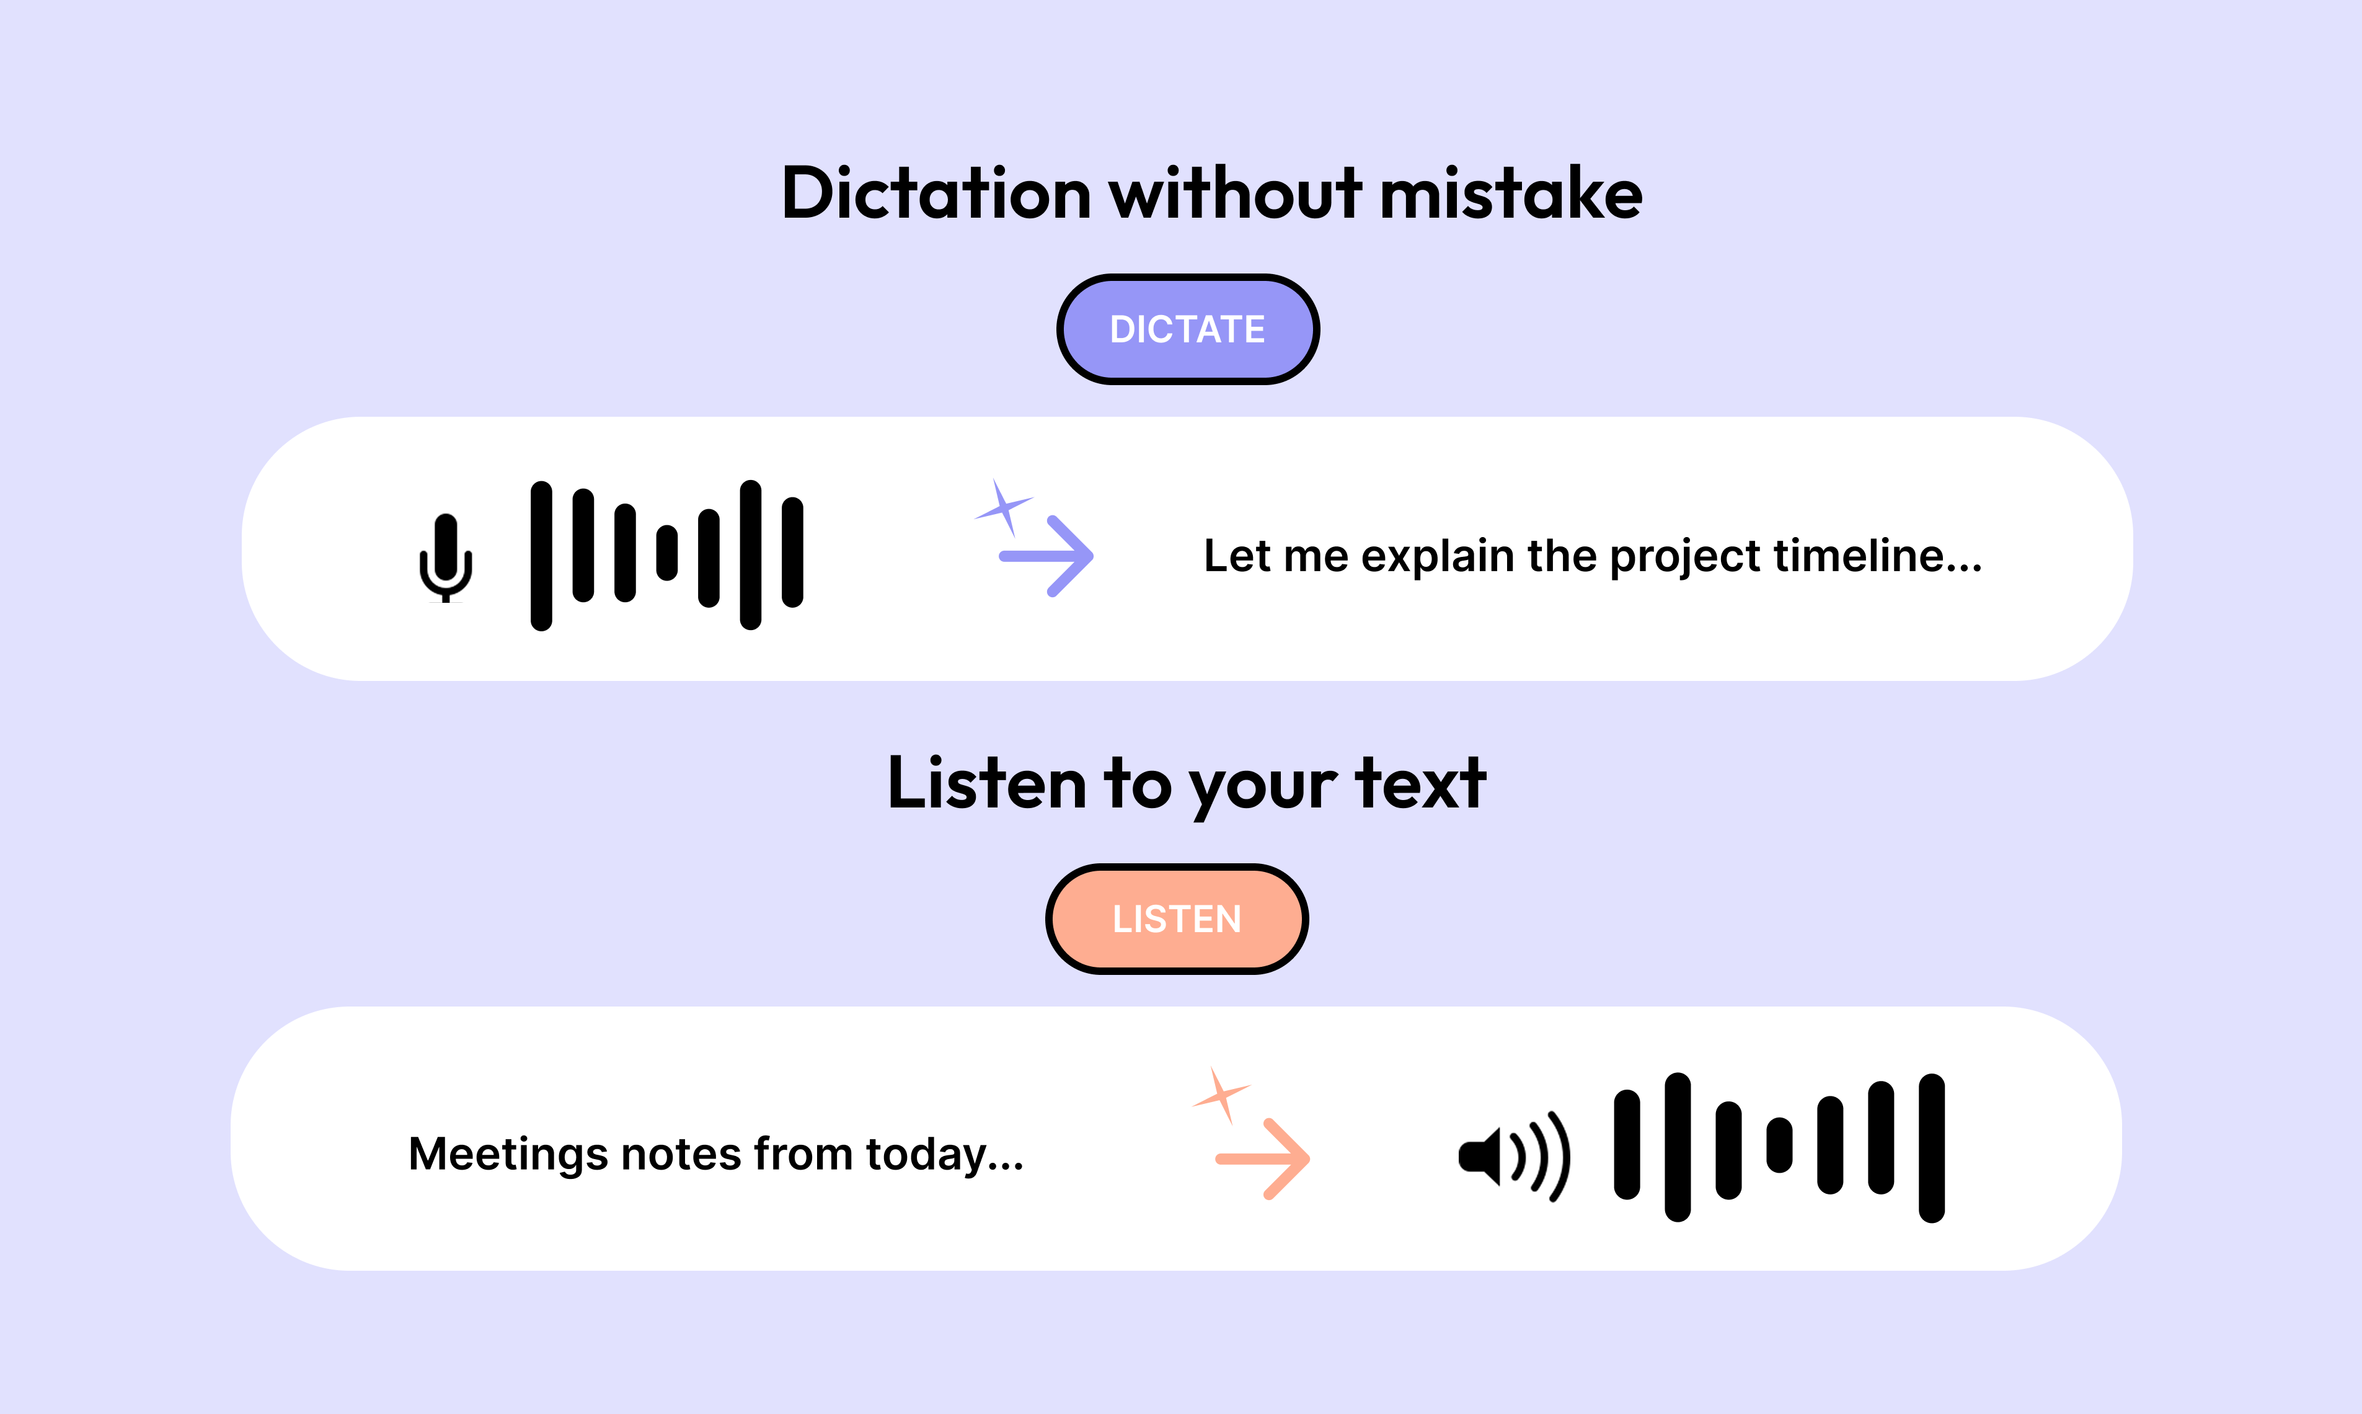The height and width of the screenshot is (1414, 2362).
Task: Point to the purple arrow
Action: click(1046, 556)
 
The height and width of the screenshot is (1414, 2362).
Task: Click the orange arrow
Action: click(1263, 1158)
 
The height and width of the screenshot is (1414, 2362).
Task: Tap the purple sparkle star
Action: click(1003, 508)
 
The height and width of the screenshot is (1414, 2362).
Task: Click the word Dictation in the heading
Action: click(936, 193)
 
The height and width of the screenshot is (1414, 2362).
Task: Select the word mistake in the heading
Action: click(1511, 193)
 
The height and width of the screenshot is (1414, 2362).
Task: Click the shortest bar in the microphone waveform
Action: click(666, 553)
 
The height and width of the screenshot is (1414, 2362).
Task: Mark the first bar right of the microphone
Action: click(541, 556)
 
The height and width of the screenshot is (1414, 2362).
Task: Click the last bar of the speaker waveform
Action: click(1932, 1147)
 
